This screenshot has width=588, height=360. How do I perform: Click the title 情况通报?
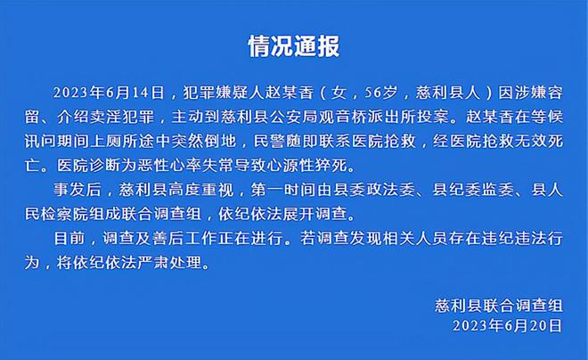click(294, 46)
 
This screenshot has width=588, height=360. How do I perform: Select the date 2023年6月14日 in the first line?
click(109, 93)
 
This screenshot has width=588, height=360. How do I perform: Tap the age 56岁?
click(380, 93)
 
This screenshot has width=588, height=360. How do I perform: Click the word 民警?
click(269, 142)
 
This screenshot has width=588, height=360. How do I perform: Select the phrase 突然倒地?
click(204, 142)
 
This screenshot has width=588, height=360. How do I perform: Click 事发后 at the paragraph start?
click(78, 190)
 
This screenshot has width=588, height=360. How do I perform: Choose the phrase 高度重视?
click(201, 190)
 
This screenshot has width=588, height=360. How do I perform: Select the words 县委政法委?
click(374, 190)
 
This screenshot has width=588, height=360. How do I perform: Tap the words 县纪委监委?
click(473, 190)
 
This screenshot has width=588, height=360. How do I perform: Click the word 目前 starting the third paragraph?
click(69, 239)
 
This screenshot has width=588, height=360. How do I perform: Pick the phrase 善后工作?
click(185, 239)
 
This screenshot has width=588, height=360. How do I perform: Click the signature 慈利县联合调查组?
click(499, 306)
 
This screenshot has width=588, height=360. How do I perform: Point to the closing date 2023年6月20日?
click(508, 325)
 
